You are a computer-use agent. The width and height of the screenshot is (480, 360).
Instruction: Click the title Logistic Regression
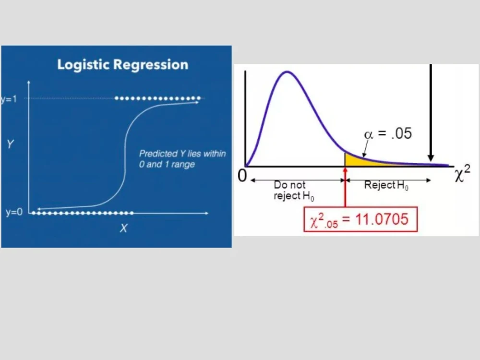click(x=122, y=65)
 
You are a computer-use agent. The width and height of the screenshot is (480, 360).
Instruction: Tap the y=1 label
click(x=9, y=99)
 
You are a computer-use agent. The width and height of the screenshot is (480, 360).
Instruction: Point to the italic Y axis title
click(x=10, y=144)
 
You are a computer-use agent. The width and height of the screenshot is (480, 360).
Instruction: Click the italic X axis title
click(x=123, y=229)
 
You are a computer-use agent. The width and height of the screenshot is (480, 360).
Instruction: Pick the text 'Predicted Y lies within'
click(x=182, y=154)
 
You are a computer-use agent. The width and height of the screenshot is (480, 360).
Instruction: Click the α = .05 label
click(x=388, y=133)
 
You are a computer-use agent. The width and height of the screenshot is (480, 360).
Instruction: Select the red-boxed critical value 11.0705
click(x=360, y=219)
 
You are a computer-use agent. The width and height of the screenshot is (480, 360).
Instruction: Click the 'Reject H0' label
click(x=386, y=185)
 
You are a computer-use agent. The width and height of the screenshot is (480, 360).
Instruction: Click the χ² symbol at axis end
click(x=462, y=175)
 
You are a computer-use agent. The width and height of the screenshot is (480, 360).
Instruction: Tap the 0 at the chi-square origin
click(x=242, y=176)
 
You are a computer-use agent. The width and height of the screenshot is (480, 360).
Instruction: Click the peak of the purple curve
click(x=287, y=72)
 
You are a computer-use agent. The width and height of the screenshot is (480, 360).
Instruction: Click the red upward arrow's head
click(x=345, y=169)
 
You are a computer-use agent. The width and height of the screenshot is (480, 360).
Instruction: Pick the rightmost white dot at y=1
click(x=198, y=98)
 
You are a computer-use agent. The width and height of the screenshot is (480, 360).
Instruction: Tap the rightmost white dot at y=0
click(x=132, y=213)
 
